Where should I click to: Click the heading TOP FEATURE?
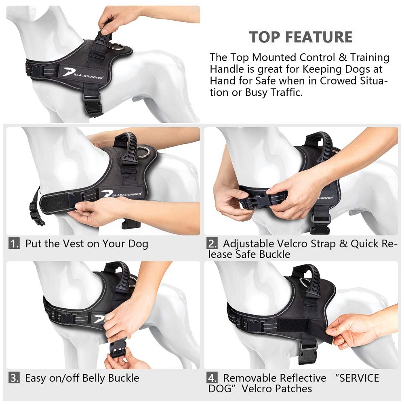point(301,37)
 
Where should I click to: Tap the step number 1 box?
point(14,244)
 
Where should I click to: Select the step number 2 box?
point(212,244)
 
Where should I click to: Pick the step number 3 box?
point(14,378)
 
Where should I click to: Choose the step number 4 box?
point(212,378)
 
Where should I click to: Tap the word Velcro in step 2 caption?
point(292,244)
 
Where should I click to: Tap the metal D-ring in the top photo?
point(115,47)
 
